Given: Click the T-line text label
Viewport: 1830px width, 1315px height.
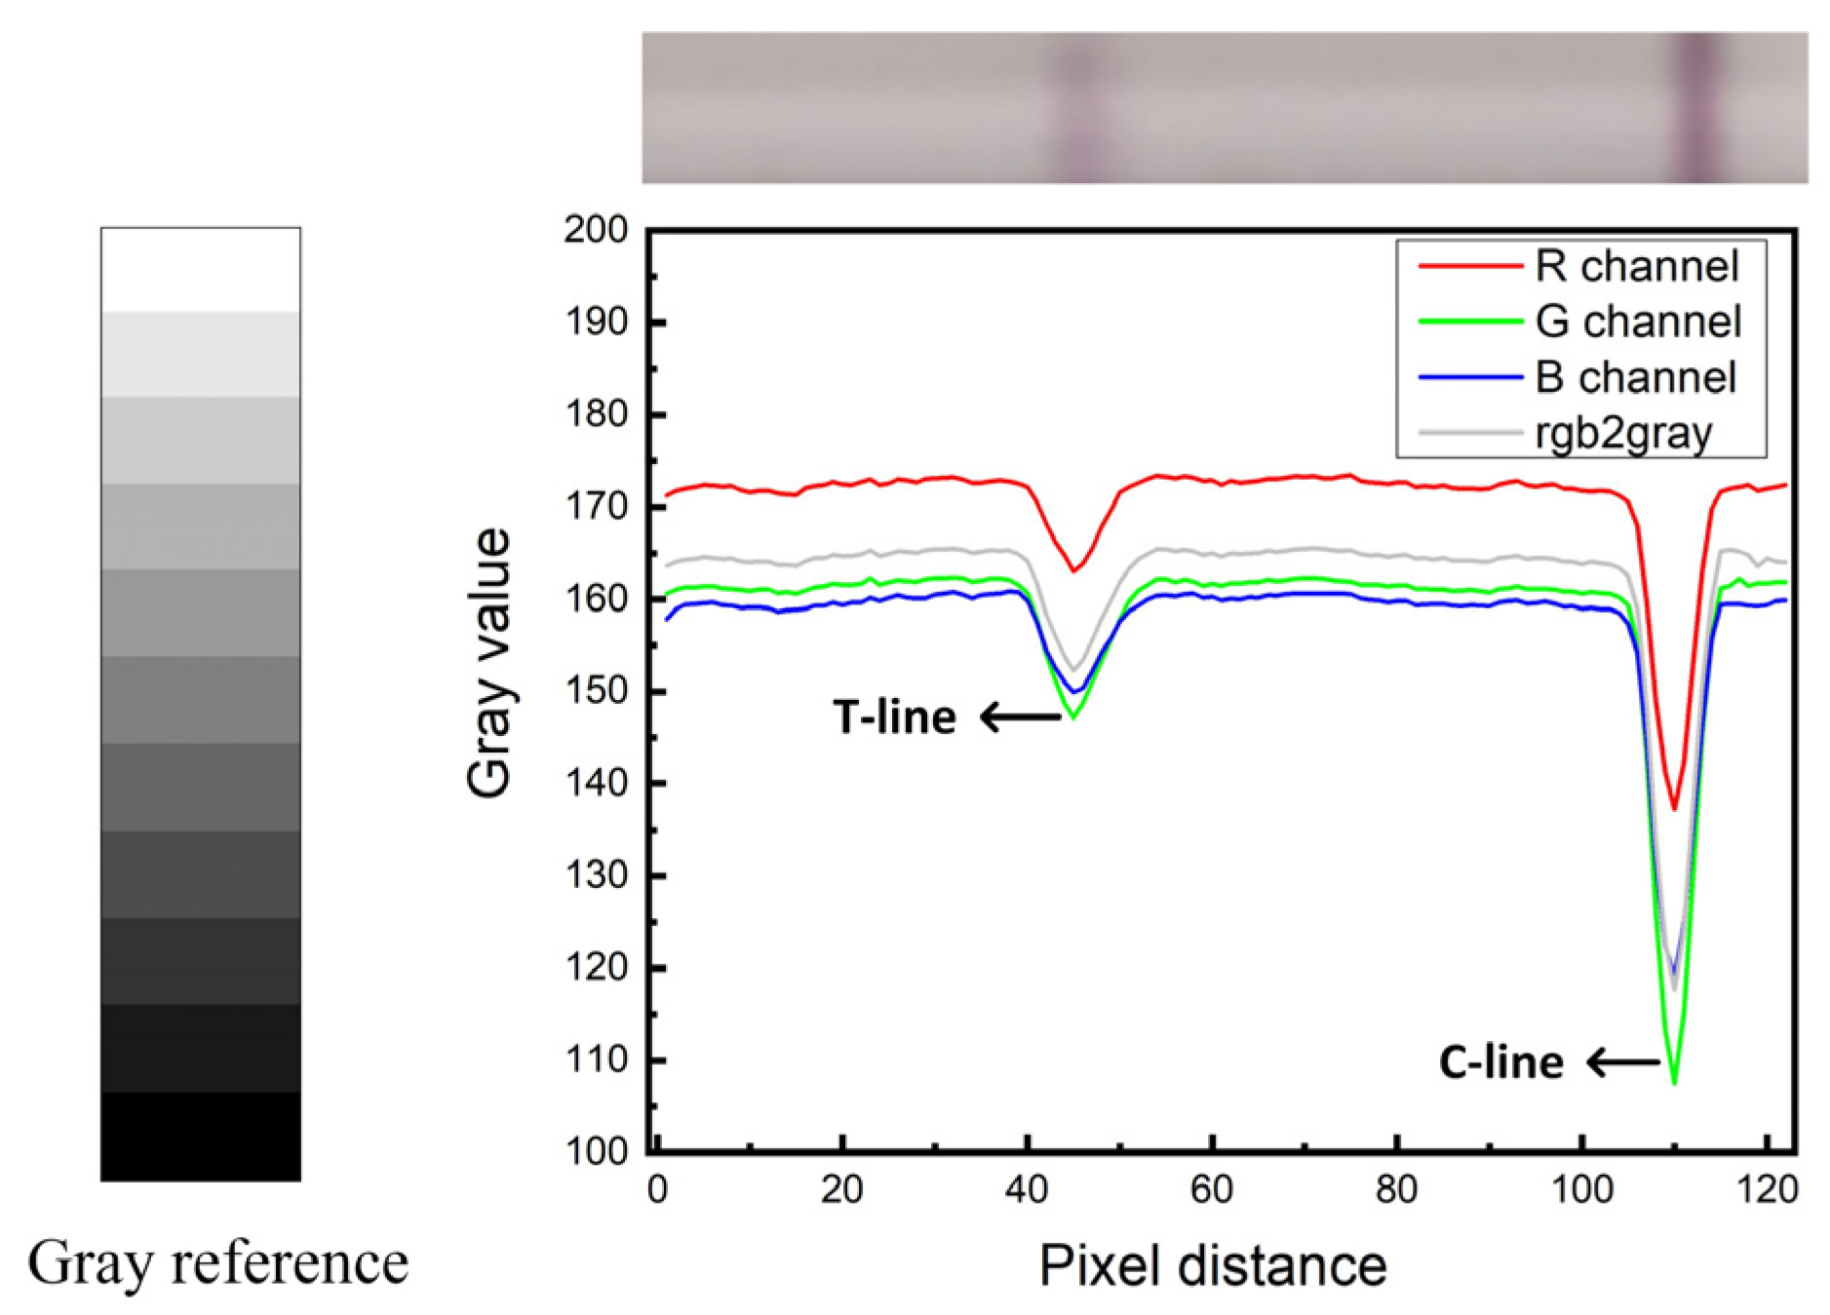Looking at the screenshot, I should tap(894, 717).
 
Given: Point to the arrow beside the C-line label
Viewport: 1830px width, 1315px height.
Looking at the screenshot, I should tap(1622, 1062).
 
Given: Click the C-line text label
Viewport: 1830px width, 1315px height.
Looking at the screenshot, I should tap(1500, 1062).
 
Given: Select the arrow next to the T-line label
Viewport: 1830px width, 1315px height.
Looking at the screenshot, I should tap(1020, 717).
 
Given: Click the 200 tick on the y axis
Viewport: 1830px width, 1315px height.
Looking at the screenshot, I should tap(596, 230).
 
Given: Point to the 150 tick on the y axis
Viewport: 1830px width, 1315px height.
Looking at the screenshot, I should tap(596, 691).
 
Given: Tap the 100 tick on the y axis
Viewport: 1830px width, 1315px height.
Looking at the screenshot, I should tap(596, 1151).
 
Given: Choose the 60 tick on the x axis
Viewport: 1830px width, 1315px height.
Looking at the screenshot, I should tap(1211, 1190).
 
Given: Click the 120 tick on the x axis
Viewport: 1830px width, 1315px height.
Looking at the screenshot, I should tap(1767, 1190).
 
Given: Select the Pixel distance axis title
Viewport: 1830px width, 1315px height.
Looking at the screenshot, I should tap(1212, 1266).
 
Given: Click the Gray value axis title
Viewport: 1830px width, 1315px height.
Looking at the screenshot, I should tap(488, 663).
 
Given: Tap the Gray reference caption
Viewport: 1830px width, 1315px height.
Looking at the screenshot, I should tap(217, 1263).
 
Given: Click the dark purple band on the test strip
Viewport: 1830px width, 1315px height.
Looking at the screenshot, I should tap(1697, 107).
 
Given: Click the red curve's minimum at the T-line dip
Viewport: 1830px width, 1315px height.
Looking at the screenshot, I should tap(1073, 570).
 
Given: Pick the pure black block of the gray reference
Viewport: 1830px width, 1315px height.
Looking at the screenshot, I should tap(201, 1137).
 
